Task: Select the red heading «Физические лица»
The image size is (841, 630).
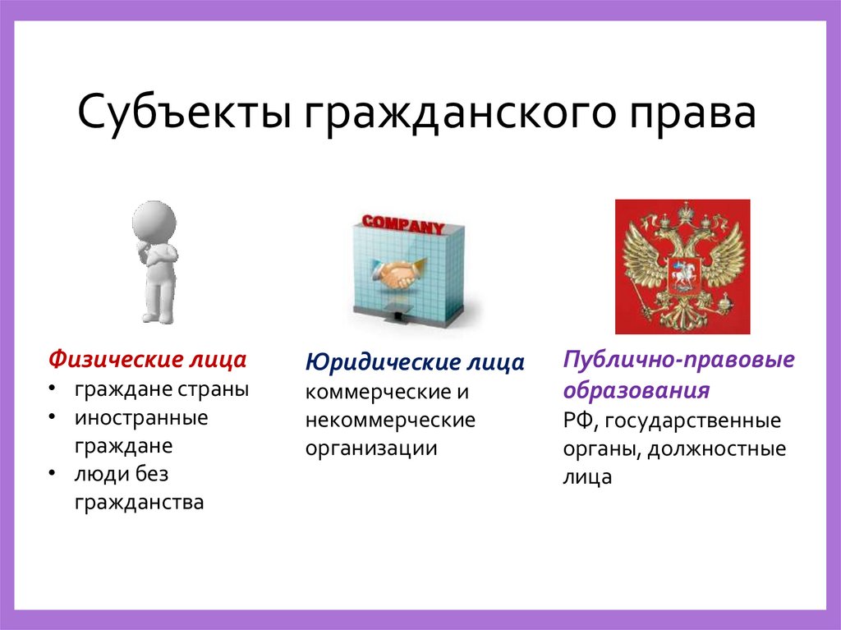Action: coord(147,360)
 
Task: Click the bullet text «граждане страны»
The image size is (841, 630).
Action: coord(162,389)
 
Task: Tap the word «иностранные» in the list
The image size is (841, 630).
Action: coord(141,417)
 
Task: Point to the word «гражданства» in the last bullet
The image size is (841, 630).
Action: coord(139,502)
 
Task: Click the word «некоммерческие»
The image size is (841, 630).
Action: coord(390,421)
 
